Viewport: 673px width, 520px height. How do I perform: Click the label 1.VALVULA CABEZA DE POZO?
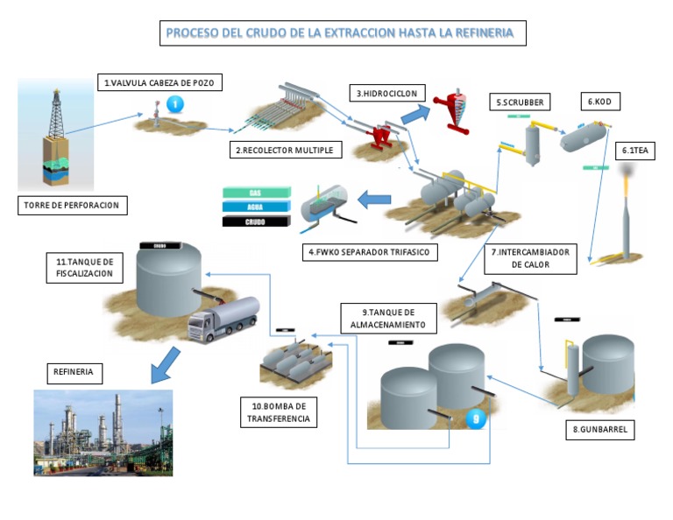point(159,83)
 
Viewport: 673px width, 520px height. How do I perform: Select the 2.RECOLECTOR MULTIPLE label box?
point(284,151)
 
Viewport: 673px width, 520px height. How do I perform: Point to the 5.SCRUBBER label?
point(521,102)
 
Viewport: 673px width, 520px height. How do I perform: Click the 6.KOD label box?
point(599,102)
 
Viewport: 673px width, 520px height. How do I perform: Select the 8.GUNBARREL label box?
point(599,431)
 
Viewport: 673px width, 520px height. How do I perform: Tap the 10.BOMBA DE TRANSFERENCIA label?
point(278,412)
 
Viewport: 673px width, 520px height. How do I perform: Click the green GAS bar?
point(256,193)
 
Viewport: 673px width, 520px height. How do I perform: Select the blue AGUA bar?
point(256,207)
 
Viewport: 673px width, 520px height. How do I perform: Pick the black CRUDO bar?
point(256,221)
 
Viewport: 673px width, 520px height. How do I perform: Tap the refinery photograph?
point(103,432)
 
